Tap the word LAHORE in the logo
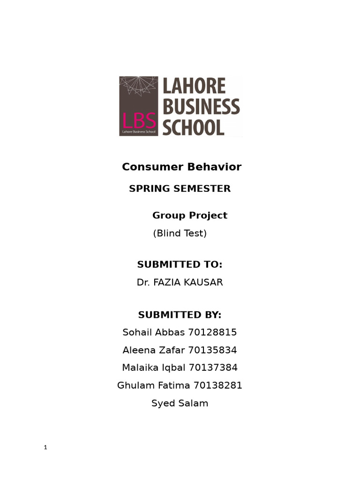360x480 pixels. [x=194, y=87]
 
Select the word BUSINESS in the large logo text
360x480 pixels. [x=201, y=107]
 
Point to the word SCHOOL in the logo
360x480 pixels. [x=193, y=127]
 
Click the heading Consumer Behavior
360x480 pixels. [x=181, y=167]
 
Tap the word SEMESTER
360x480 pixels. [x=203, y=189]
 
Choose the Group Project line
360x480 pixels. [x=189, y=216]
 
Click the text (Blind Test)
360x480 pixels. [x=180, y=233]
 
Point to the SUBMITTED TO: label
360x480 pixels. [x=180, y=265]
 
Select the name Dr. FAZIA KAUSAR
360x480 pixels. [x=180, y=283]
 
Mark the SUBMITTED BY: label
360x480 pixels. [x=180, y=315]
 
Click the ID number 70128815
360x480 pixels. [x=212, y=333]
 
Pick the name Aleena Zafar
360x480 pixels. [x=153, y=350]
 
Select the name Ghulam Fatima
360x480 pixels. [x=153, y=386]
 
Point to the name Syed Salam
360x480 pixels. [x=180, y=404]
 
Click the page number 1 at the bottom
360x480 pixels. [x=45, y=448]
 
